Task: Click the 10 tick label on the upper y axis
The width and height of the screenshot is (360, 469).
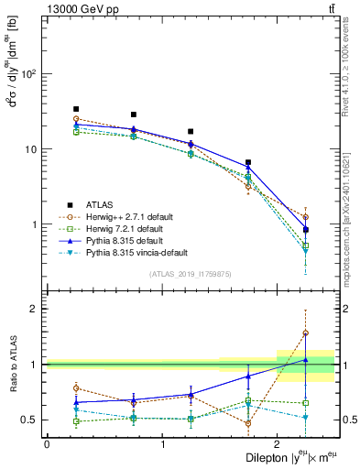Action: (x=31, y=148)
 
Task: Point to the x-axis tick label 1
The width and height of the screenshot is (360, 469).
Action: (x=162, y=443)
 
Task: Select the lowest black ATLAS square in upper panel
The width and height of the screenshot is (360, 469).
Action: (x=306, y=230)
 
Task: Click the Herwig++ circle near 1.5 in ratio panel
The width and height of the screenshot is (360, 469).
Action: (x=306, y=333)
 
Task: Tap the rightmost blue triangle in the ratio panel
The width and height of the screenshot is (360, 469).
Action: (x=306, y=360)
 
